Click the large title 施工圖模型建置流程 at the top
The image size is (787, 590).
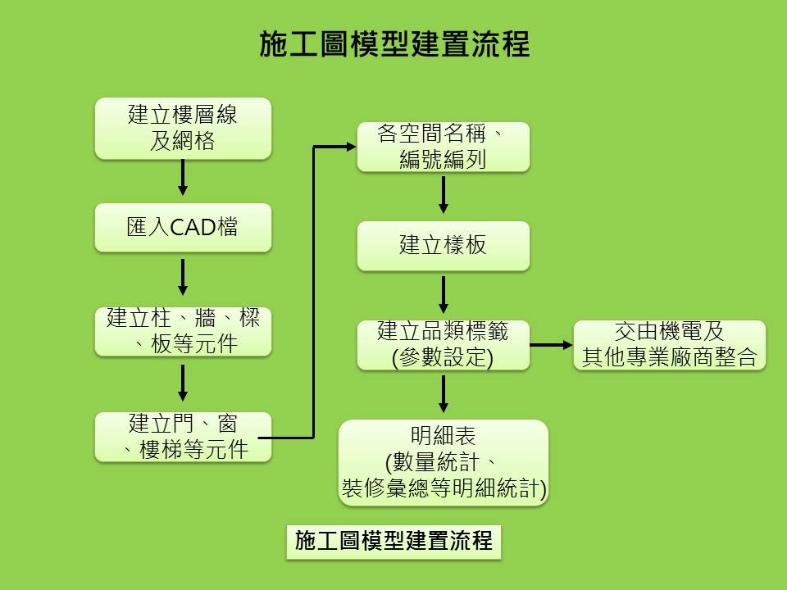(x=394, y=43)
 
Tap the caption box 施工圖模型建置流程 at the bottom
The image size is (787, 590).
(x=393, y=542)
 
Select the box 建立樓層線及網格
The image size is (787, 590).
(x=183, y=129)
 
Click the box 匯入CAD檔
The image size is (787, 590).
(x=183, y=227)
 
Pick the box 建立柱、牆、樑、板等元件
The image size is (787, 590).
(x=183, y=332)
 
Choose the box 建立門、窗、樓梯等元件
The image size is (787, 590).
(x=183, y=437)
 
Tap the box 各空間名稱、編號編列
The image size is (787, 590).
(x=444, y=147)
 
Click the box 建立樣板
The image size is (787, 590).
(x=444, y=246)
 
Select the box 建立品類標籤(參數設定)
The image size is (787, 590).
(x=444, y=345)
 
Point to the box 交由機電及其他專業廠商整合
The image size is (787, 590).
(x=670, y=345)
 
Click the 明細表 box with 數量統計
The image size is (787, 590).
(x=444, y=462)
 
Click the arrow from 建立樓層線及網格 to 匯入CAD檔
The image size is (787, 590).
(x=183, y=178)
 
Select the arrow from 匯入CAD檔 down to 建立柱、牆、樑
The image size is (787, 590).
(x=183, y=277)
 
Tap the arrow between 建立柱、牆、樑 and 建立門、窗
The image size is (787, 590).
(x=183, y=383)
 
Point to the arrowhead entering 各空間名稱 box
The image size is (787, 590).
(x=351, y=147)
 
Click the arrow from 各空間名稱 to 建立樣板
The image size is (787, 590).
(x=444, y=195)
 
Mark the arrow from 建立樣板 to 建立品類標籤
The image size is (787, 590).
(x=444, y=294)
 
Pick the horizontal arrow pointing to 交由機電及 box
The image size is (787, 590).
(x=551, y=345)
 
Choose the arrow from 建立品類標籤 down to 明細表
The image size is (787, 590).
(x=444, y=394)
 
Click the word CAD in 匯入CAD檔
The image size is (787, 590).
(x=193, y=228)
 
